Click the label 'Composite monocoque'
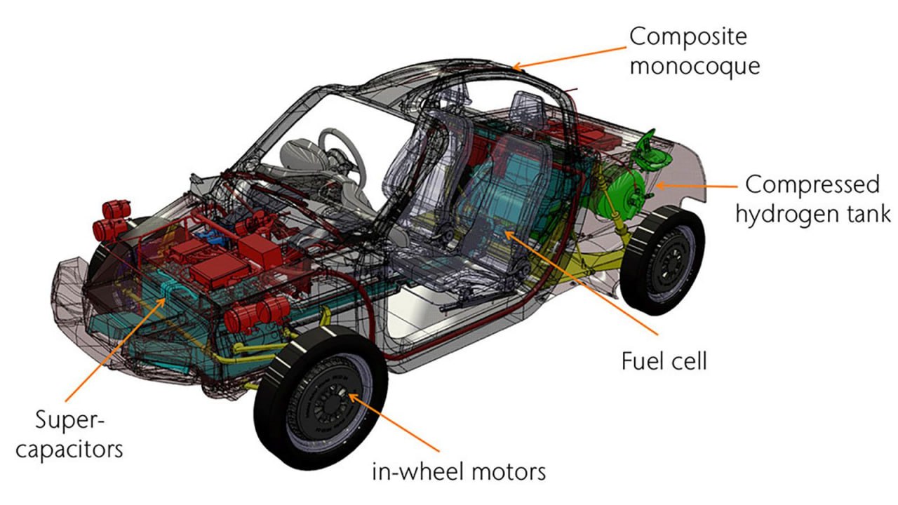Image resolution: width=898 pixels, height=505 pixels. point(694,50)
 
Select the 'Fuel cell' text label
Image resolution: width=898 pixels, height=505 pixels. point(664,361)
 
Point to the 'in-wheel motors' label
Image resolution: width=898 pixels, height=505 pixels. point(459,471)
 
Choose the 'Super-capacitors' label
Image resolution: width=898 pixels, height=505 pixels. point(69,435)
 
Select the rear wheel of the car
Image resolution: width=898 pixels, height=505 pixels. point(662,260)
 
